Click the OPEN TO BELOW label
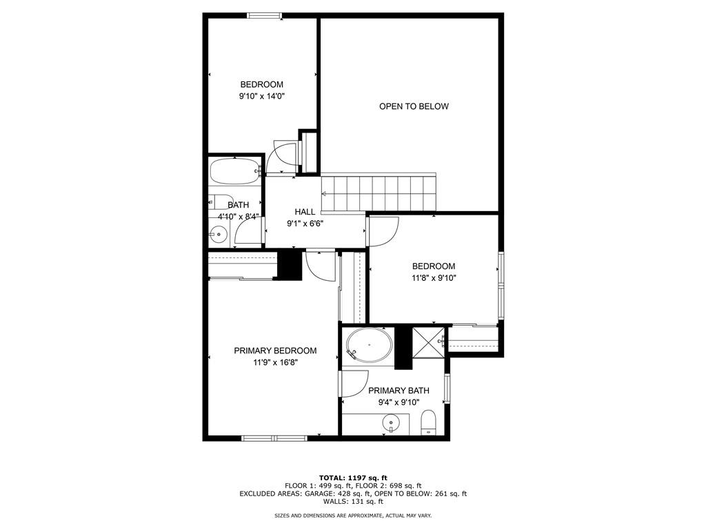coord(414,106)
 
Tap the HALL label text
coord(305,212)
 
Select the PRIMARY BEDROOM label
coord(275,351)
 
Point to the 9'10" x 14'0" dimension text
coord(261,97)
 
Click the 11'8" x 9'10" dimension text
coord(434,278)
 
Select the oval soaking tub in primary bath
coord(369,344)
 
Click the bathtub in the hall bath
coord(234,171)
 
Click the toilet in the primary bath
coord(429,423)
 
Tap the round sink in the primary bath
coord(391,422)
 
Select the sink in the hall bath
coord(219,235)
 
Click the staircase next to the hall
coord(379,193)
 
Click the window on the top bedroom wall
coord(265,15)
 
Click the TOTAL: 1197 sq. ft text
coord(353,478)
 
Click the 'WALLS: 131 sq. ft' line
coord(353,502)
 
